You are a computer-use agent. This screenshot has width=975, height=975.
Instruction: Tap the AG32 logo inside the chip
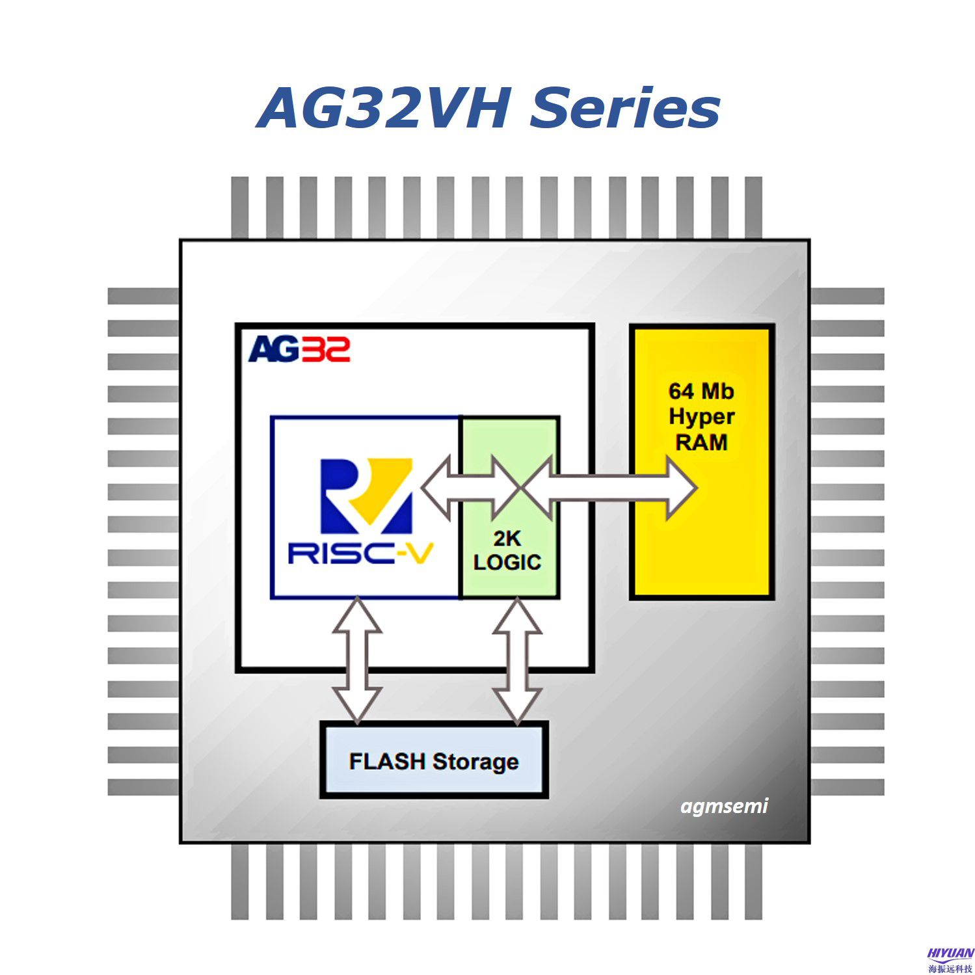[x=299, y=349]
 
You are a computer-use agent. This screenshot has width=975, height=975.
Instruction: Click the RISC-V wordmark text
[x=360, y=554]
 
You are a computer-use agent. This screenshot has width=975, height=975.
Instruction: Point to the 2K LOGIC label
[x=507, y=550]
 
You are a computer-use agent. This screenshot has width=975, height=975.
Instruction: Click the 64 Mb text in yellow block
[x=701, y=391]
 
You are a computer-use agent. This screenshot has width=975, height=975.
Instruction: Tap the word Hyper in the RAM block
[x=701, y=417]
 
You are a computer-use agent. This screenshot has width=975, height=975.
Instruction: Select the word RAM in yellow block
[x=701, y=442]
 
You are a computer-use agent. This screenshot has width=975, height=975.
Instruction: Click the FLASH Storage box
[x=434, y=760]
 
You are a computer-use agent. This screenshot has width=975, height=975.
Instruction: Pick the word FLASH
[x=386, y=760]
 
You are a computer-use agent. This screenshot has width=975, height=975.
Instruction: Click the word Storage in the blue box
[x=475, y=762]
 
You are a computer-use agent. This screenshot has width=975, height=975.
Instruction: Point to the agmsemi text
[x=724, y=807]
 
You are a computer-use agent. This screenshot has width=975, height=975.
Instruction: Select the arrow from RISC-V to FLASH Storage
[x=356, y=660]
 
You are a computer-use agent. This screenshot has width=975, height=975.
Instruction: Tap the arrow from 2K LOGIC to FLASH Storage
[x=517, y=660]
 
